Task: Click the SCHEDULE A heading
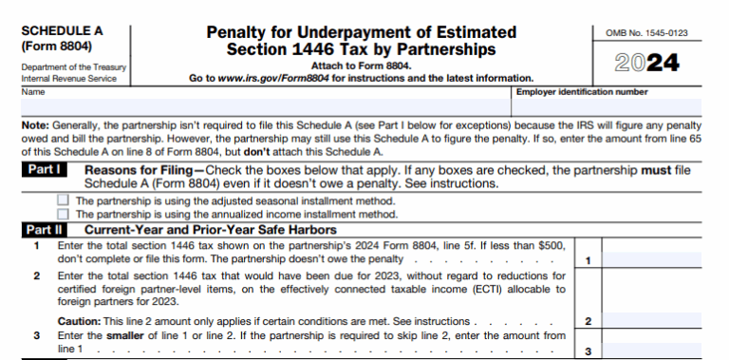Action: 63,31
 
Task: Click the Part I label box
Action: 46,170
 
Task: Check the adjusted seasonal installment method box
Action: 63,201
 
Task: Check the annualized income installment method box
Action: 63,215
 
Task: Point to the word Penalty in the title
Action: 240,32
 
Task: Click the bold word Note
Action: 35,124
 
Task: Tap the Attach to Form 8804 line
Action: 360,66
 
